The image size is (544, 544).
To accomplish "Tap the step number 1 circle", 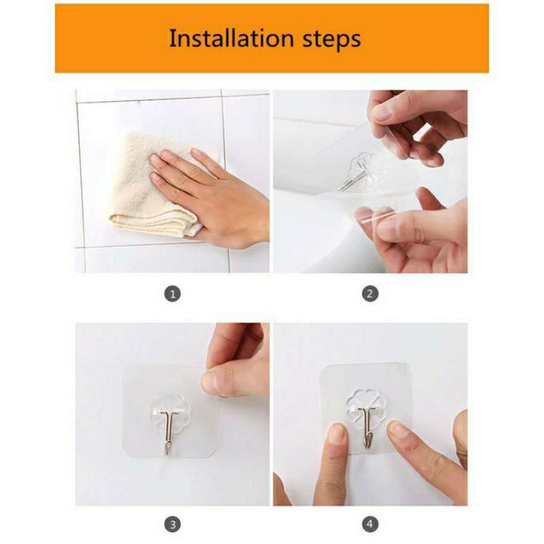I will coord(172,294).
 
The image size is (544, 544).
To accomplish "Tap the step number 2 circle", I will coord(370,294).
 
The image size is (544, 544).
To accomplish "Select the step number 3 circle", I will coord(172,524).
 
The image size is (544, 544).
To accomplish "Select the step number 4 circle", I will coord(370,524).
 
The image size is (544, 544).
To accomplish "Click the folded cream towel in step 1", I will coord(146,197).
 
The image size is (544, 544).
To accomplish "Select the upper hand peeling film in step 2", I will coord(415,122).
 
